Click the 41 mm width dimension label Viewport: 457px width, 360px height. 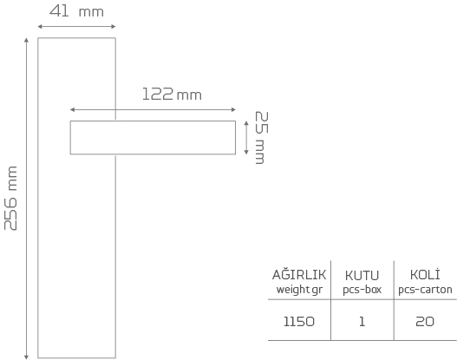click(x=76, y=11)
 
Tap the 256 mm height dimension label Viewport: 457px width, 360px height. click(x=10, y=199)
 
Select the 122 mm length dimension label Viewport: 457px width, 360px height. click(x=172, y=95)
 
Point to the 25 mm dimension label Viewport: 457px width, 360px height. click(x=261, y=138)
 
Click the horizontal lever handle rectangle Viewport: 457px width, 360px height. click(x=153, y=138)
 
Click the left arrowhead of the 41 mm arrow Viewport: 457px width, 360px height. click(x=40, y=27)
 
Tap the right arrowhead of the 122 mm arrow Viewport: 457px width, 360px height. click(x=233, y=109)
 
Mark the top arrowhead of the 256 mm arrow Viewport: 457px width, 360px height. click(x=26, y=40)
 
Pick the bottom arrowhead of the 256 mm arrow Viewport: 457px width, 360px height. click(x=26, y=357)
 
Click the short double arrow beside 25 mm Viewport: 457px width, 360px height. click(x=246, y=138)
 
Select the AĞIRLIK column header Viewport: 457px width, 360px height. click(x=299, y=275)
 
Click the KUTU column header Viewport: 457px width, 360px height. click(x=362, y=276)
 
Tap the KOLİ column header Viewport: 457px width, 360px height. click(x=425, y=275)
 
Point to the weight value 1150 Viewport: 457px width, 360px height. click(x=299, y=322)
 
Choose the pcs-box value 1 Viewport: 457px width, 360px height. click(x=362, y=322)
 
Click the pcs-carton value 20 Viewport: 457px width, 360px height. click(x=425, y=322)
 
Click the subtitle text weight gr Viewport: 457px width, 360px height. click(x=299, y=290)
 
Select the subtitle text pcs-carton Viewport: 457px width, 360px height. click(x=425, y=290)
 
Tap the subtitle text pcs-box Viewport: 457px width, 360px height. click(x=362, y=290)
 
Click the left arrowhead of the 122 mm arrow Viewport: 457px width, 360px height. click(x=73, y=109)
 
